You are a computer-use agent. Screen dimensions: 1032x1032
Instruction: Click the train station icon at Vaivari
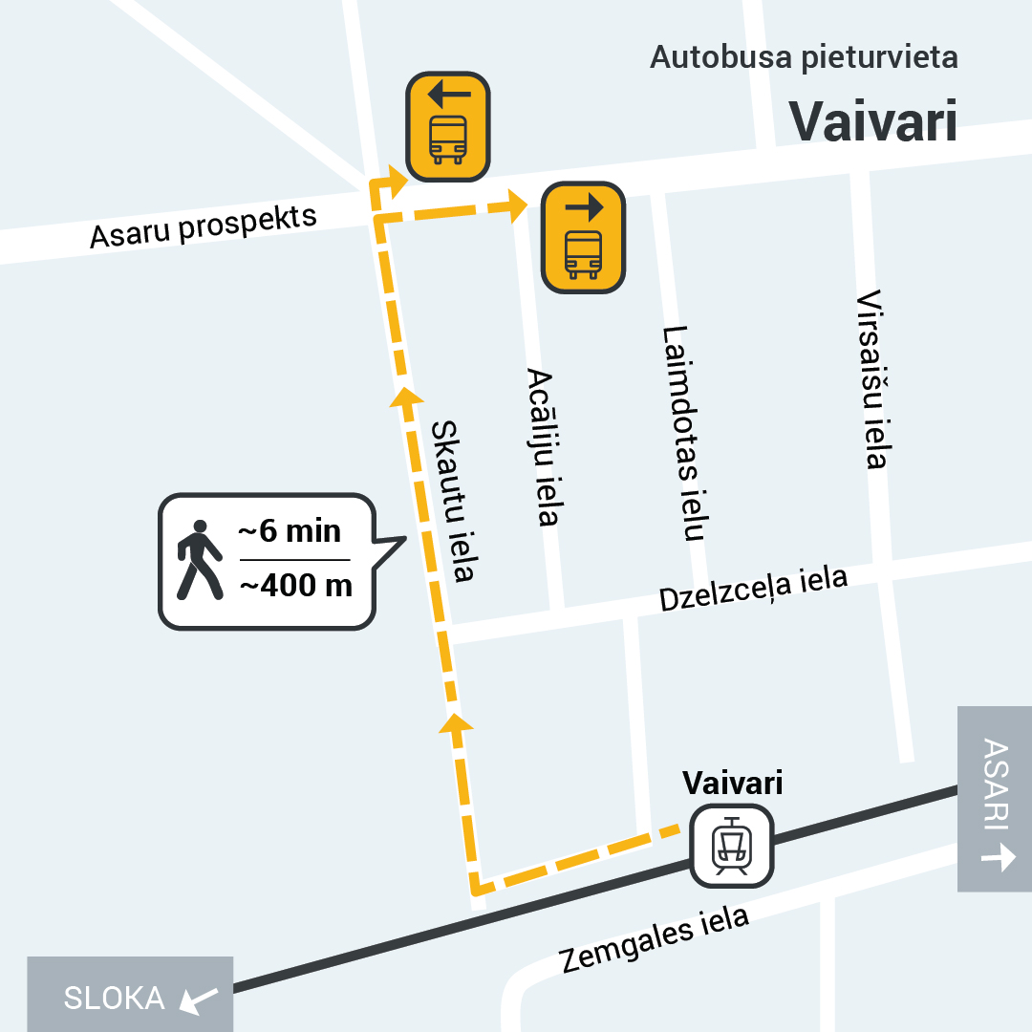point(732,846)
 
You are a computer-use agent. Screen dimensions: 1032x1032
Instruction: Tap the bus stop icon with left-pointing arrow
point(448,126)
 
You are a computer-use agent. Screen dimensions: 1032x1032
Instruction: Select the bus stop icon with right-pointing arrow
point(583,237)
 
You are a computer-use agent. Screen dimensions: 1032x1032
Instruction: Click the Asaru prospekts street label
point(203,226)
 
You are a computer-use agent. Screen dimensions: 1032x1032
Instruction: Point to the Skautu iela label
point(454,502)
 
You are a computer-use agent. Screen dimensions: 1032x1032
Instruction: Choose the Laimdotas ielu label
point(683,433)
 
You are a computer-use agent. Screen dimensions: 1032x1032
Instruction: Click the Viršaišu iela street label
point(873,379)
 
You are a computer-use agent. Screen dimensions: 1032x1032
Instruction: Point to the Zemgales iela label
point(654,939)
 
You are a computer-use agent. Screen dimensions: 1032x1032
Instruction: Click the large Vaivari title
point(873,121)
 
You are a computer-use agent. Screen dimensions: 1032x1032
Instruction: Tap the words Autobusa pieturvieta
point(804,57)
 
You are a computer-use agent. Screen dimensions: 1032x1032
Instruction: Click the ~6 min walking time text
point(290,531)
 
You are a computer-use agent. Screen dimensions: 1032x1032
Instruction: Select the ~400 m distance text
point(295,585)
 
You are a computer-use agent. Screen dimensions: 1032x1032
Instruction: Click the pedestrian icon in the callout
point(199,560)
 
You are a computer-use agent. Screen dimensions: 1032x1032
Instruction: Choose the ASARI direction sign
point(996,799)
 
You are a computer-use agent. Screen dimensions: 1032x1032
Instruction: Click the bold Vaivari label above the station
point(733,784)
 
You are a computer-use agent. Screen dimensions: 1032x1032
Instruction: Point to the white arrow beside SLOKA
point(200,1000)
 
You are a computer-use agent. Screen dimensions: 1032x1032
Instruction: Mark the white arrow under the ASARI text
point(998,857)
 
